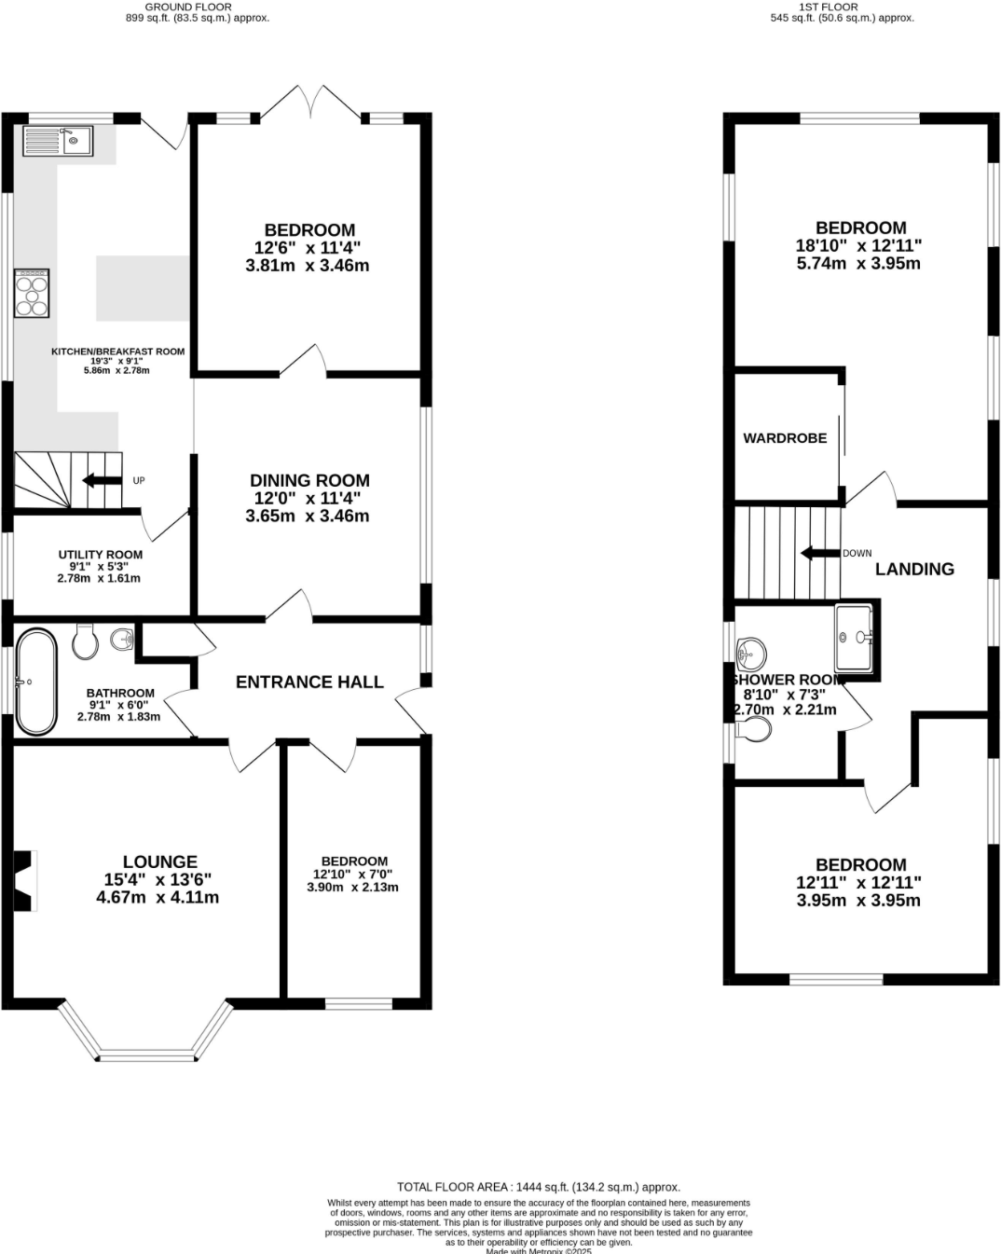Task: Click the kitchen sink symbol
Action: point(58,141)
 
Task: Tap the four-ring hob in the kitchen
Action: point(32,294)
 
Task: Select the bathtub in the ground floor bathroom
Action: point(35,682)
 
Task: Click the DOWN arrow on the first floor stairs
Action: point(819,553)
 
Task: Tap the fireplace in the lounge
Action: point(23,879)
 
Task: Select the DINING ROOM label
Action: point(309,480)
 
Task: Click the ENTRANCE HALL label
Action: point(309,682)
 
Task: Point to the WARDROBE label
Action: point(785,438)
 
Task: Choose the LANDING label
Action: point(914,569)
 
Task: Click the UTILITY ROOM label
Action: point(101,555)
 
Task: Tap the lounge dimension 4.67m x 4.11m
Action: point(158,898)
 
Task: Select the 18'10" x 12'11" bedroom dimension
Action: point(858,246)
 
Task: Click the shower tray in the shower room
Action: point(855,638)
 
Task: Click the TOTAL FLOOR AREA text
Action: point(539,1187)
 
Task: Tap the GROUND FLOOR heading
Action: point(188,7)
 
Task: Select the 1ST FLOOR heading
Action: point(829,7)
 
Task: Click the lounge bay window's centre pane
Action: point(148,1055)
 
